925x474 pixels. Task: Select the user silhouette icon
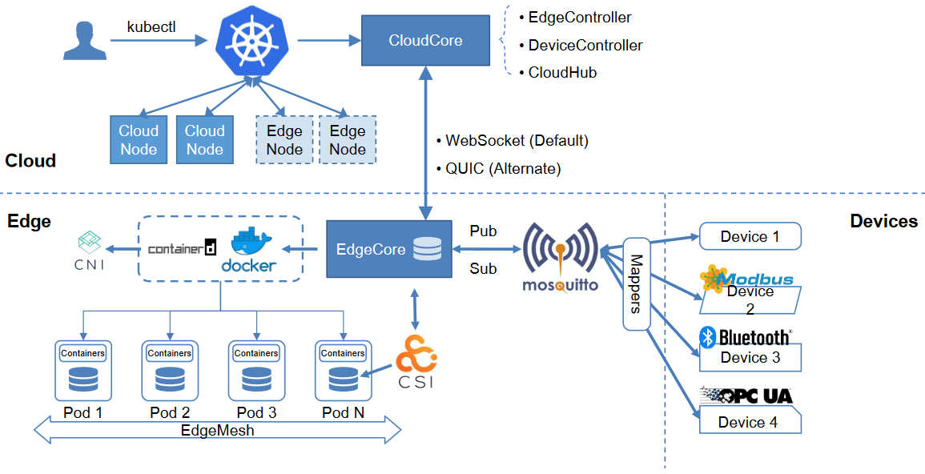tap(84, 41)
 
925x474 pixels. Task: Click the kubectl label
tap(151, 26)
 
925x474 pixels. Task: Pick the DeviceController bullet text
tap(585, 46)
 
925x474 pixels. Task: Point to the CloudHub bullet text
tap(561, 73)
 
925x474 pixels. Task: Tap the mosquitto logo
tap(561, 257)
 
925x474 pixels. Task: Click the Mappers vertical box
tap(637, 283)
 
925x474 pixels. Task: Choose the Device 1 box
tap(750, 236)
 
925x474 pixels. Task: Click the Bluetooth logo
tap(745, 337)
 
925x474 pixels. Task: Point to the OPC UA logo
tap(746, 396)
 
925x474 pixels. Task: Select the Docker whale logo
tap(254, 251)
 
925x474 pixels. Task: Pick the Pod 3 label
tap(256, 413)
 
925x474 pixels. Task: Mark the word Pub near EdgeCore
tap(483, 231)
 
